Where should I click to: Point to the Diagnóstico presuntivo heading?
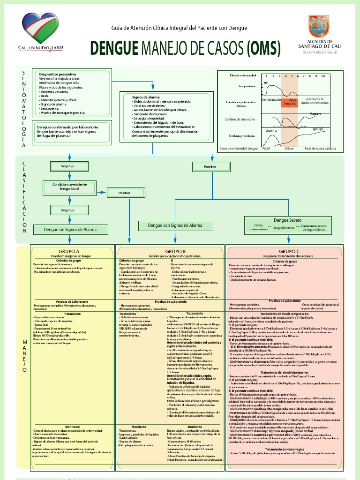tap(58, 74)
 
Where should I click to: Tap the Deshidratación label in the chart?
tap(271, 100)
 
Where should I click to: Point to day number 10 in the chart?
tap(322, 76)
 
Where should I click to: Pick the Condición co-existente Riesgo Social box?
tap(69, 187)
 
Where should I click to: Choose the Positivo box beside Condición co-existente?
tap(124, 193)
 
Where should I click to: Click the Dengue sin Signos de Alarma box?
tap(70, 230)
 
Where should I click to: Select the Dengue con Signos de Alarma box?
tap(175, 225)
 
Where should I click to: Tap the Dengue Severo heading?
tap(287, 220)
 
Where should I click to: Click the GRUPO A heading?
tap(69, 251)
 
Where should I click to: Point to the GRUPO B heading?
tap(175, 251)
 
